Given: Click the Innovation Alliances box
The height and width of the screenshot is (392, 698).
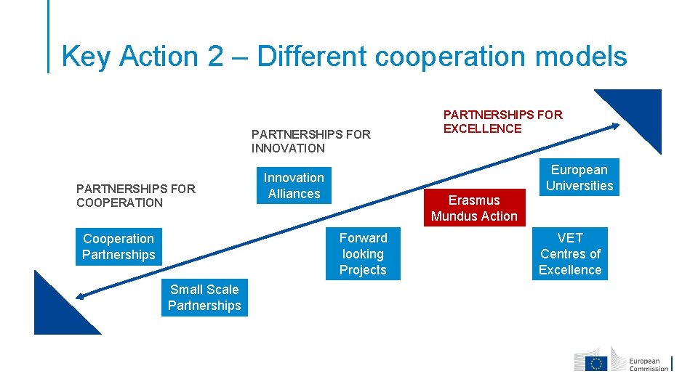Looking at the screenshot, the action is [x=294, y=186].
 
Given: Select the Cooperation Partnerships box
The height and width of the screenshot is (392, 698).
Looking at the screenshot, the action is [x=119, y=247].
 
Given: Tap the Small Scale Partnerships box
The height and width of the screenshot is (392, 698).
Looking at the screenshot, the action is [x=204, y=298].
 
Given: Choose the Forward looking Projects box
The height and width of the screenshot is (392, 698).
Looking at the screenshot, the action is [x=363, y=254].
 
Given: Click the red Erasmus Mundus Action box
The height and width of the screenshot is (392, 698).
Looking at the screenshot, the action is [x=474, y=208].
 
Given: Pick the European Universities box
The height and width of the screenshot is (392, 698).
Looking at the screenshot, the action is [x=579, y=178].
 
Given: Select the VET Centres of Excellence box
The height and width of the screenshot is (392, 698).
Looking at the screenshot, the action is [x=570, y=254].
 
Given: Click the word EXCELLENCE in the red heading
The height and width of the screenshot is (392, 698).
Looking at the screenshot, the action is [x=483, y=128].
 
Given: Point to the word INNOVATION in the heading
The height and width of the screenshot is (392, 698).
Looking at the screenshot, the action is [x=288, y=148].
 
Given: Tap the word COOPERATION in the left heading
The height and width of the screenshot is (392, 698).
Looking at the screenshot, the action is [x=119, y=203].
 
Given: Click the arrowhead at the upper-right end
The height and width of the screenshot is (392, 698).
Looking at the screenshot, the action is [x=615, y=126].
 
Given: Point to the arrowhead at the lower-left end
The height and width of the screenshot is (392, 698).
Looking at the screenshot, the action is [x=80, y=295].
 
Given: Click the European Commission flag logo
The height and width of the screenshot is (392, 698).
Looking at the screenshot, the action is [x=598, y=362].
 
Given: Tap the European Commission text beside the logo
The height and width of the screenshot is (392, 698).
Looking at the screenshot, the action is [x=648, y=364].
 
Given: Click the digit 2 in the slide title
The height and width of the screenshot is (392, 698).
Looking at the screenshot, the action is [x=215, y=57].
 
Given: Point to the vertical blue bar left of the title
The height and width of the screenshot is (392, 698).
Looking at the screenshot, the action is [x=49, y=36].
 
